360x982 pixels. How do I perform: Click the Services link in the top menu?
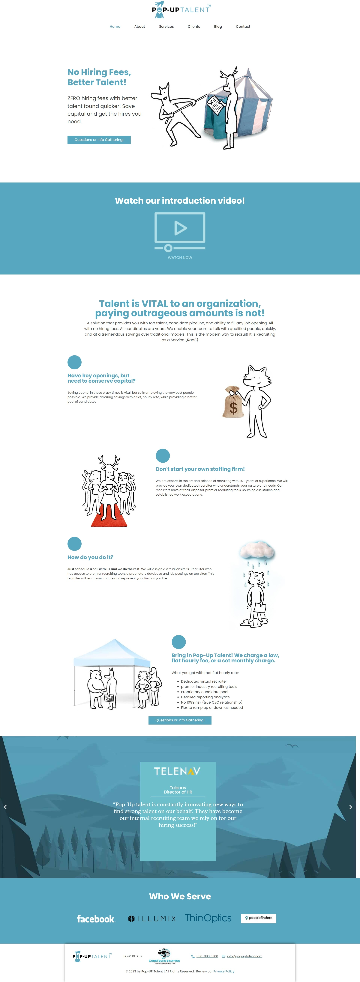166,27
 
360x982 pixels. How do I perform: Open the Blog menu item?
218,27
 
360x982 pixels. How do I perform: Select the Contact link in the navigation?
243,27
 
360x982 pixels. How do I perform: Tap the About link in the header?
139,27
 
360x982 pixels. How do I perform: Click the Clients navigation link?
194,27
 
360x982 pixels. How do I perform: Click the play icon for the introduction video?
180,228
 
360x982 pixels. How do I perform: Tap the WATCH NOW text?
180,258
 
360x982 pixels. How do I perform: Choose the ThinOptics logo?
208,918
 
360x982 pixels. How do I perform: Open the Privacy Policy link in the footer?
224,971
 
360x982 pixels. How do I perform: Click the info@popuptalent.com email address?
244,956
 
